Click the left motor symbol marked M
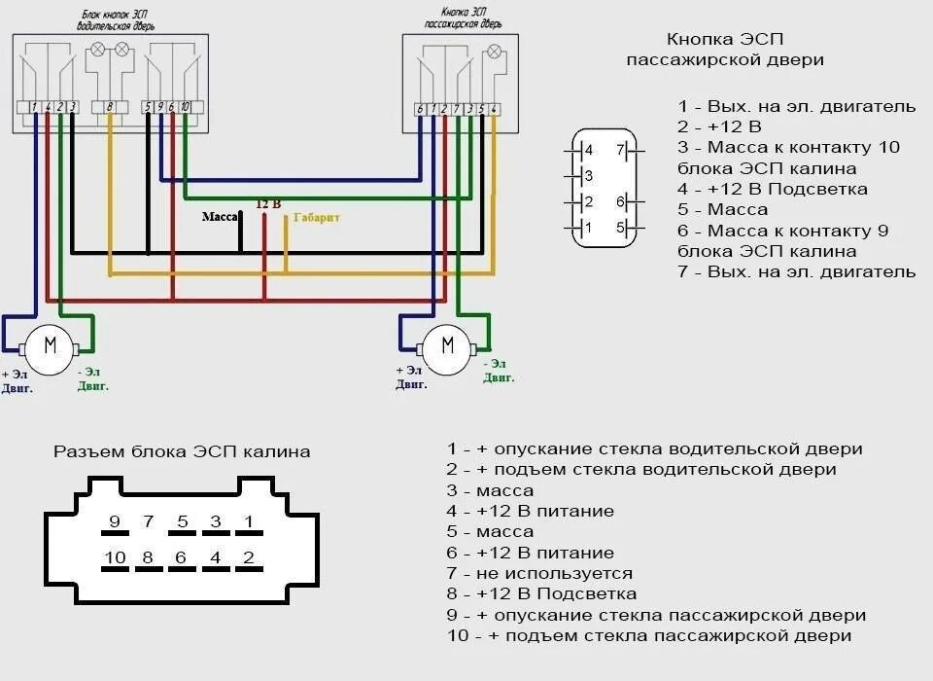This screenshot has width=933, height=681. pos(51,344)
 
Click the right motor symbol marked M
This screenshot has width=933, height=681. pos(447,346)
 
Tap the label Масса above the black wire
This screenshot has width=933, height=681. pos(221,217)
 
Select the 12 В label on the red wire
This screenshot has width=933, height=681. pos(268,204)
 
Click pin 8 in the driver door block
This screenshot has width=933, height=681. pos(110,106)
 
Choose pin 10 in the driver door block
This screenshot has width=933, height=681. pos(185,106)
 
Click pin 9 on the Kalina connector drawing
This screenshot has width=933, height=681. pos(115,522)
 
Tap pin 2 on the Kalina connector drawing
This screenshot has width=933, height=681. pos(249,557)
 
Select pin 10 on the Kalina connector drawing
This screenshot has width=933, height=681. pos(115,557)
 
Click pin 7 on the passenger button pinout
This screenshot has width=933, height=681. pos(619,151)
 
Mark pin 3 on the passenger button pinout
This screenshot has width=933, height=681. pos(588,176)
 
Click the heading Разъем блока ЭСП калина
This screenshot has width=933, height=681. pos(182,451)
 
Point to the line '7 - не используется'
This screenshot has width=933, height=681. pos(539,573)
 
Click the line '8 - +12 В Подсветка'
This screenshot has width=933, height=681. pos(541,593)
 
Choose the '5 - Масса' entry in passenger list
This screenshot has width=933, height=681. pos(723,209)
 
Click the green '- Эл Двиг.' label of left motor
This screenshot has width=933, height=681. pos(93,378)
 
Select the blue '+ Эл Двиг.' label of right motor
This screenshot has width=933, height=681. pos(410,377)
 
